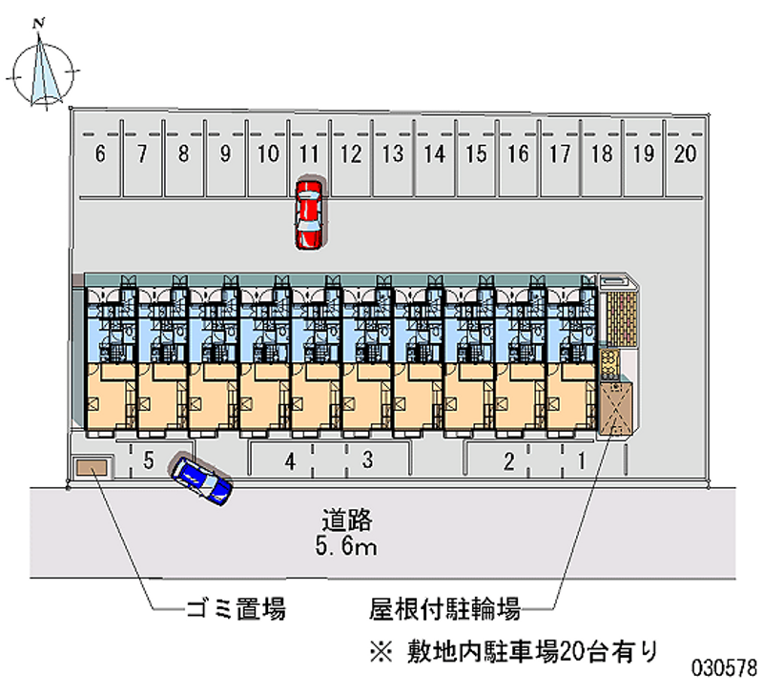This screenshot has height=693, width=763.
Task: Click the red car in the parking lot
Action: (x=309, y=214)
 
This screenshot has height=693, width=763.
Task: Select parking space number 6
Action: (x=100, y=154)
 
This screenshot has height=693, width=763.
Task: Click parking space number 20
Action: (x=684, y=154)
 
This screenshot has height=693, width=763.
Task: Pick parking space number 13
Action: (x=391, y=154)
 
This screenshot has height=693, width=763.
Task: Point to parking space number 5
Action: (x=148, y=461)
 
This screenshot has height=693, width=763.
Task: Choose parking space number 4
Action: (x=290, y=461)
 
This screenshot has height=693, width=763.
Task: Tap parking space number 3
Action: (x=367, y=461)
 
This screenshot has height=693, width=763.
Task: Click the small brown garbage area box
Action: (x=93, y=466)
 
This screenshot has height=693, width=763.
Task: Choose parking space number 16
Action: (x=518, y=154)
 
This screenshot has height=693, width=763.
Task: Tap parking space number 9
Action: (x=225, y=154)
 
